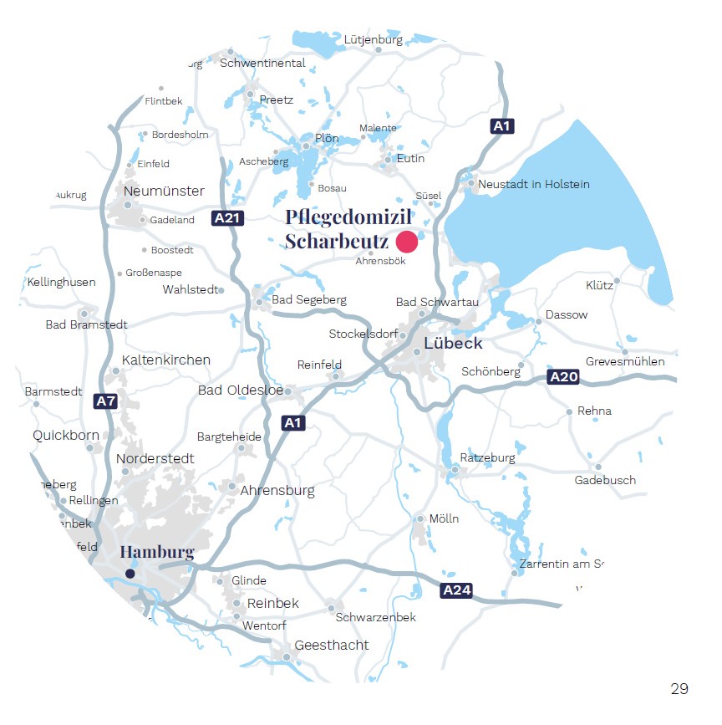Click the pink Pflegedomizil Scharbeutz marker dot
(407, 242)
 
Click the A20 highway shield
(563, 377)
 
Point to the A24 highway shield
(456, 591)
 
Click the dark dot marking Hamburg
(130, 573)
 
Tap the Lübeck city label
(453, 343)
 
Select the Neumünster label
(164, 191)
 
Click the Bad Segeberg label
(308, 299)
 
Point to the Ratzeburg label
(487, 457)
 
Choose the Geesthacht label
(331, 645)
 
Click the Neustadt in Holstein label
(533, 184)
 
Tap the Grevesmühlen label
(625, 361)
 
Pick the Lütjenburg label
(373, 38)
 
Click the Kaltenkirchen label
(165, 360)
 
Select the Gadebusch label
(605, 480)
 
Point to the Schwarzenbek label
(375, 617)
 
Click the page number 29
(679, 689)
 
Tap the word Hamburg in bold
(156, 552)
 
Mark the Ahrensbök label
(380, 261)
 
